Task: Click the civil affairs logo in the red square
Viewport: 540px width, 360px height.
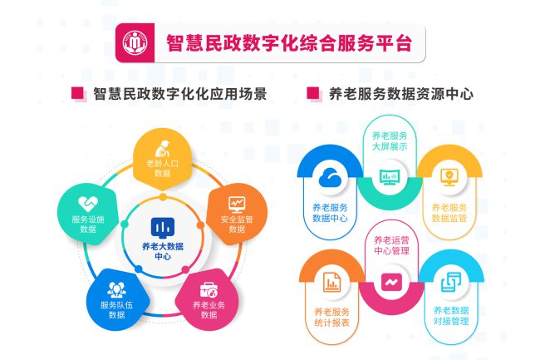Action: point(135,42)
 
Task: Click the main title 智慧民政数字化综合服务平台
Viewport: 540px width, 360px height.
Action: point(289,43)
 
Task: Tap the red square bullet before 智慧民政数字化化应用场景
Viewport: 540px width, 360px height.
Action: point(77,93)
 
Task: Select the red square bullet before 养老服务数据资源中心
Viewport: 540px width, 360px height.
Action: point(313,93)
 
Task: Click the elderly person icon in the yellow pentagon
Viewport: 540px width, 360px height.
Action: point(162,149)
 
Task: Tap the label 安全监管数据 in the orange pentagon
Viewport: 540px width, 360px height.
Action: point(237,224)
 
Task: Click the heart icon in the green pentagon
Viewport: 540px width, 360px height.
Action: point(88,204)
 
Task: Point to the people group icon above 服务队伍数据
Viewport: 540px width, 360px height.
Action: point(116,289)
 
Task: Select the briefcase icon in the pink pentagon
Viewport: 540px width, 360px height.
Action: point(209,289)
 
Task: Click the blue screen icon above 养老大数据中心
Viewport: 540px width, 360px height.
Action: point(163,228)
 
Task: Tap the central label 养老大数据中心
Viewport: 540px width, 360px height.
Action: point(163,251)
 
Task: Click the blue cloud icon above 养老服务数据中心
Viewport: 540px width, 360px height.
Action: point(330,177)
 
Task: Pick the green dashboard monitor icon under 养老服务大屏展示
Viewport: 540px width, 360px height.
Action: point(390,177)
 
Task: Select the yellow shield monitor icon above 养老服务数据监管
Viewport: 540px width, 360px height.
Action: point(449,177)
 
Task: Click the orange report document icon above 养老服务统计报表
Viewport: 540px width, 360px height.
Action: point(331,282)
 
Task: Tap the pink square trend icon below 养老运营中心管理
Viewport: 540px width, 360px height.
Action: point(391,282)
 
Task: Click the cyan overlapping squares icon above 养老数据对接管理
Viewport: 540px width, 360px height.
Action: point(451,282)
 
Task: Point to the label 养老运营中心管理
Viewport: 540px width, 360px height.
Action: point(391,245)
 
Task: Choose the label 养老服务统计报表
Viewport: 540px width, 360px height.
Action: point(331,318)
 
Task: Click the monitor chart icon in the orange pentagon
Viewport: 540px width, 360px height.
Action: point(237,205)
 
